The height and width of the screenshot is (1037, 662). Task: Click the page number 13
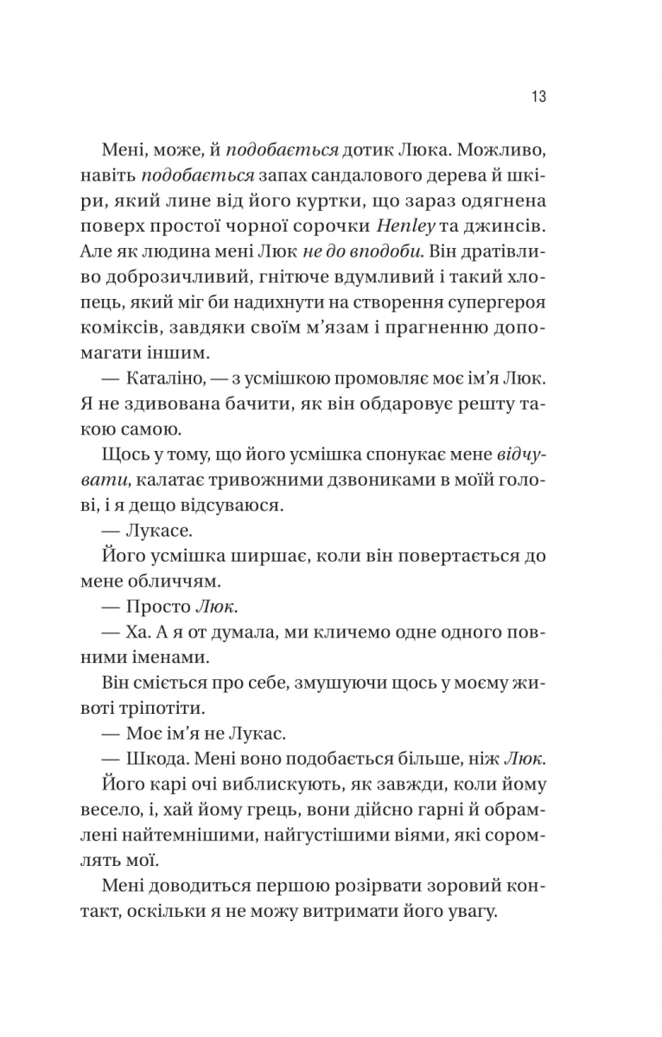(538, 97)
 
